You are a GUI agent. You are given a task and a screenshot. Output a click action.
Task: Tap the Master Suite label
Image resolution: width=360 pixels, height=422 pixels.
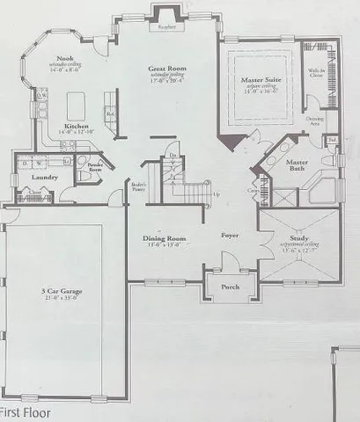[x=261, y=80]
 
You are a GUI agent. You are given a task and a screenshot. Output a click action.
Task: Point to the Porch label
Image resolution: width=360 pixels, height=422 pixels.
[x=231, y=284]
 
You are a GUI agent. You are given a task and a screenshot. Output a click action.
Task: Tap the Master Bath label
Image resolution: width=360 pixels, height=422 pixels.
[x=296, y=164]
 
